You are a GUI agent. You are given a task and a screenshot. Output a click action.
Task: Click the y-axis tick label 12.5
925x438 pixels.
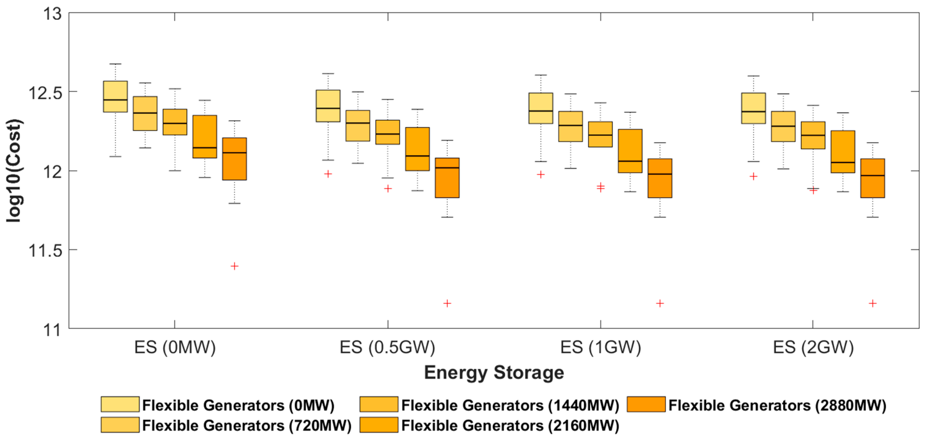[45, 93]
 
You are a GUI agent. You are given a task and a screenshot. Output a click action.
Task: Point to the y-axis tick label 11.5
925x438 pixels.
[45, 250]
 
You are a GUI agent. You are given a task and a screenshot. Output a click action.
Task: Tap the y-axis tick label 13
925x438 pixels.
[52, 14]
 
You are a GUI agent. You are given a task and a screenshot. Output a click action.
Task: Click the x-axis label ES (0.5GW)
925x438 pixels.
[387, 347]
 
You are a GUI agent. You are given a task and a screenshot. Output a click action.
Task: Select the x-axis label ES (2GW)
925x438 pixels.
[813, 347]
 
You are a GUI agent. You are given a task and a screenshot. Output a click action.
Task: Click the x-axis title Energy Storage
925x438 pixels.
[494, 372]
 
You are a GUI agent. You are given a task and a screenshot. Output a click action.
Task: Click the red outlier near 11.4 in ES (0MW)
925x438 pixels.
[234, 266]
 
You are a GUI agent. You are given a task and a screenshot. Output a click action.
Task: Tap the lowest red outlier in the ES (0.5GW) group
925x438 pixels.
[447, 304]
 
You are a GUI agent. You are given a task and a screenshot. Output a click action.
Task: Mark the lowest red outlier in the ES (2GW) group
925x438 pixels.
[873, 304]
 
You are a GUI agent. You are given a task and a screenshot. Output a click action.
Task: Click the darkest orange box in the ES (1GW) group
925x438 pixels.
[660, 178]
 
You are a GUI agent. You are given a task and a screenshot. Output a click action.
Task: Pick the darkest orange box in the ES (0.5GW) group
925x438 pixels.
[447, 178]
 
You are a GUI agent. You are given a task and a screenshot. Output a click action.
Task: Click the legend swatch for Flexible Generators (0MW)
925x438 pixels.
[120, 404]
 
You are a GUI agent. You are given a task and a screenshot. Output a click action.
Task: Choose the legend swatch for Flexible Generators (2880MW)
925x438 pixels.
[646, 404]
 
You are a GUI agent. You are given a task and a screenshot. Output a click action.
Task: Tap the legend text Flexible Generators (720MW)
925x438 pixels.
[247, 425]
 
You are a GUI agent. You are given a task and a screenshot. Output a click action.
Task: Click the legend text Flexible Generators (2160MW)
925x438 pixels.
[510, 425]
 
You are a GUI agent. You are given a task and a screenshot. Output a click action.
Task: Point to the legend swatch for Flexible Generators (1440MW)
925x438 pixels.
[379, 404]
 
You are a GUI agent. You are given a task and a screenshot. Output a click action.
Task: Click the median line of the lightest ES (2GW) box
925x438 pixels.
[753, 112]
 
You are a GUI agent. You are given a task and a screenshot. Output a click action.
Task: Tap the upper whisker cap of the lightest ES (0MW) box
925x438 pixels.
[115, 64]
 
